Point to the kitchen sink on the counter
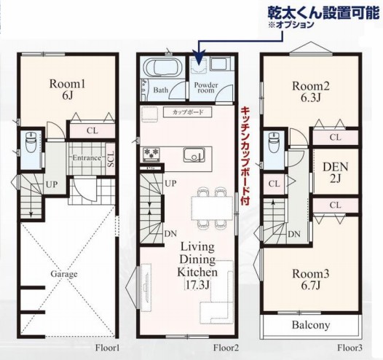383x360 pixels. [x=193, y=154]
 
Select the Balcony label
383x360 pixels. [x=311, y=325]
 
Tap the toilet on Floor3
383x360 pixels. [x=273, y=143]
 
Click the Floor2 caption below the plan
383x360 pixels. [x=227, y=348]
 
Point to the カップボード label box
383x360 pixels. [x=188, y=113]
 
